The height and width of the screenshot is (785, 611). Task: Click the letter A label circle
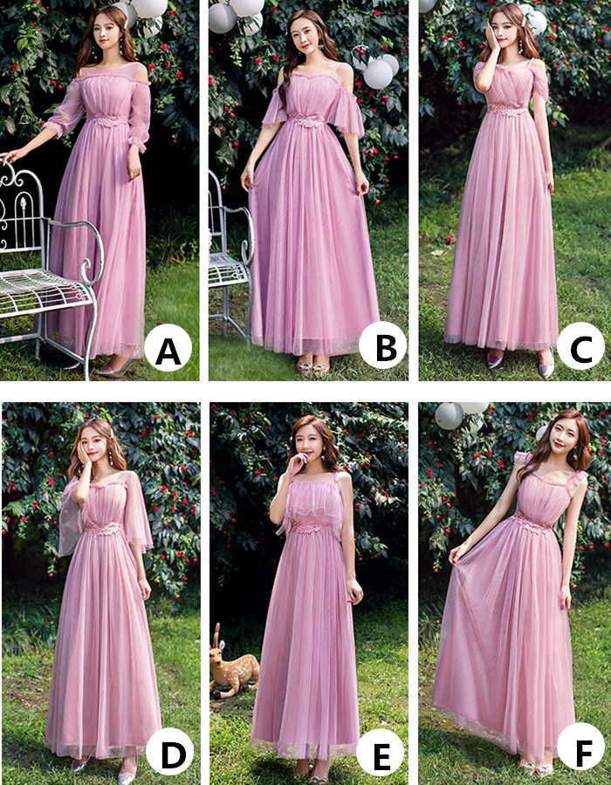168,348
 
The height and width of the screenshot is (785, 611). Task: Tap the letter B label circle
382,345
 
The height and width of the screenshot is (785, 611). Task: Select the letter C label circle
581,346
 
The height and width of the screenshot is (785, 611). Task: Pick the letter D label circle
170,751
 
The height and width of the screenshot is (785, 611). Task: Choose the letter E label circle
380,752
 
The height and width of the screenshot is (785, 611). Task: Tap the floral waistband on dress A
106,120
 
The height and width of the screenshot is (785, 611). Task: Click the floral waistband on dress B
306,120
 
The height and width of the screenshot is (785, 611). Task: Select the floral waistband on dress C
507,110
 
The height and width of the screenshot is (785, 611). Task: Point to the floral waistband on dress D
103,529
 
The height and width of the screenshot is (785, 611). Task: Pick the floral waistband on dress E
310,527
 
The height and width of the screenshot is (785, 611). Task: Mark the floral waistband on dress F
534,523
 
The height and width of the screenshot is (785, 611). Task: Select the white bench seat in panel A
43,292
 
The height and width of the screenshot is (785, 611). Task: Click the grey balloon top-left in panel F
449,416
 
